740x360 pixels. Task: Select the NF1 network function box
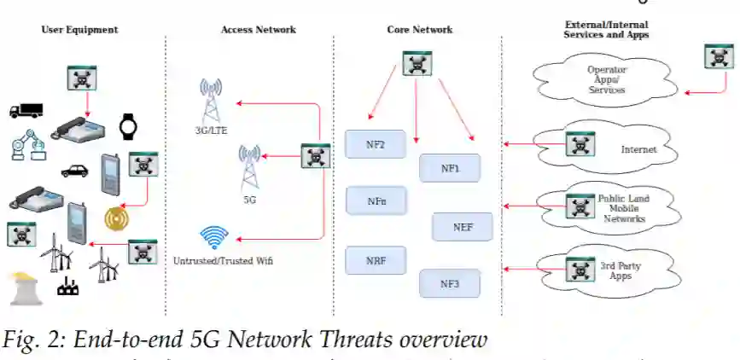pos(450,168)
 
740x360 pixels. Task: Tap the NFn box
pos(376,201)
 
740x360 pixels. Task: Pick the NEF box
pos(463,226)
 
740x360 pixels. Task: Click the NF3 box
pos(450,283)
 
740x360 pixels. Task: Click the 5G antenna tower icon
pos(249,166)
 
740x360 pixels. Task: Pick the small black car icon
pos(75,170)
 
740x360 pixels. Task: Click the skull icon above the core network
pos(417,63)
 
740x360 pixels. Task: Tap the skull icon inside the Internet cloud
pos(580,146)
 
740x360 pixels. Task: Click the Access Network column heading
pos(258,30)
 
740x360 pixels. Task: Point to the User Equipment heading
pos(79,30)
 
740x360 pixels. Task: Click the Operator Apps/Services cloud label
pos(607,79)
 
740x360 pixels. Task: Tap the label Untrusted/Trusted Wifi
pos(223,260)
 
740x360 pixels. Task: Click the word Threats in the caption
pos(339,340)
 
